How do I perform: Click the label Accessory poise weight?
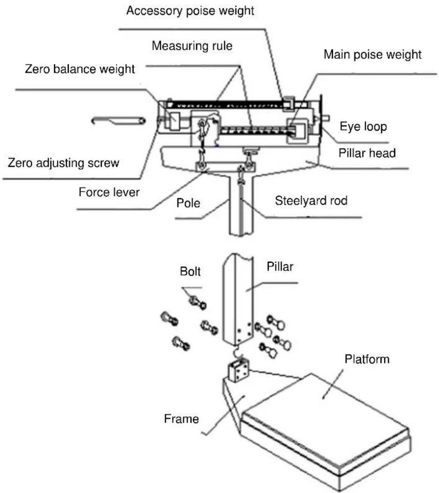(x=190, y=11)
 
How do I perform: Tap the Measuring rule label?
(x=192, y=46)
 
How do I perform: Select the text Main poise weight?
(x=373, y=55)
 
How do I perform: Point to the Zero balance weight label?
(x=80, y=69)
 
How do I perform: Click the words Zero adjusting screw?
(x=64, y=163)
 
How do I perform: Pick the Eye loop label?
(x=363, y=127)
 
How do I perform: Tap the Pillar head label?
(x=367, y=153)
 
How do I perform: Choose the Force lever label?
(x=109, y=192)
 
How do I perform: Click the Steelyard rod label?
(x=311, y=201)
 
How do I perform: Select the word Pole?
(x=188, y=203)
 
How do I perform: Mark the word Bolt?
(x=190, y=271)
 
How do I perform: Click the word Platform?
(x=367, y=359)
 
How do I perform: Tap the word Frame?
(x=181, y=419)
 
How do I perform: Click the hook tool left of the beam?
(x=119, y=120)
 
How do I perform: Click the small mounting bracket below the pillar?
(x=239, y=371)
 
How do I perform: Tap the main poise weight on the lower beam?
(x=297, y=131)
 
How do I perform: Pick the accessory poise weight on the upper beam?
(x=289, y=103)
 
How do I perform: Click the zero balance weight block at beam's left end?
(x=174, y=121)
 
